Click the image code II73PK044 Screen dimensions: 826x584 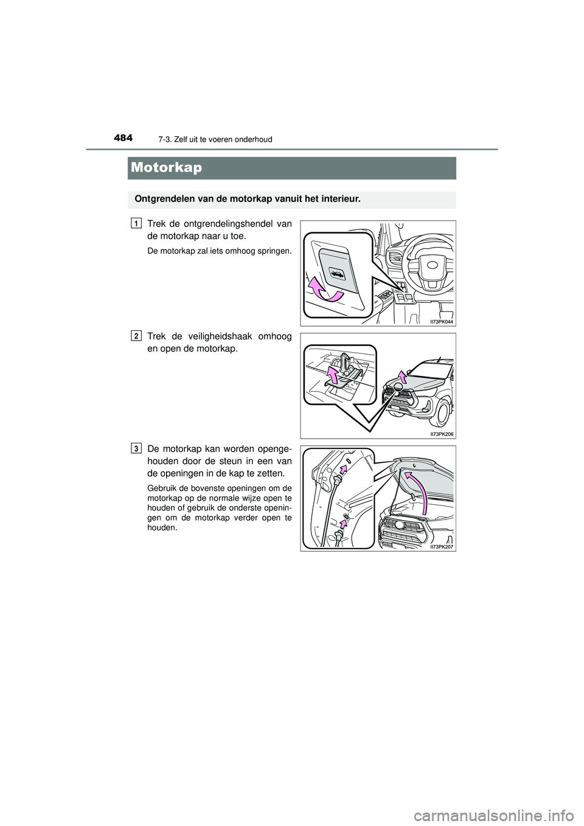pos(442,321)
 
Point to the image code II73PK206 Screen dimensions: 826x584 pos(442,434)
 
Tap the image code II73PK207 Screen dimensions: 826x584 pos(442,546)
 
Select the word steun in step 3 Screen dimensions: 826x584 pos(225,461)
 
